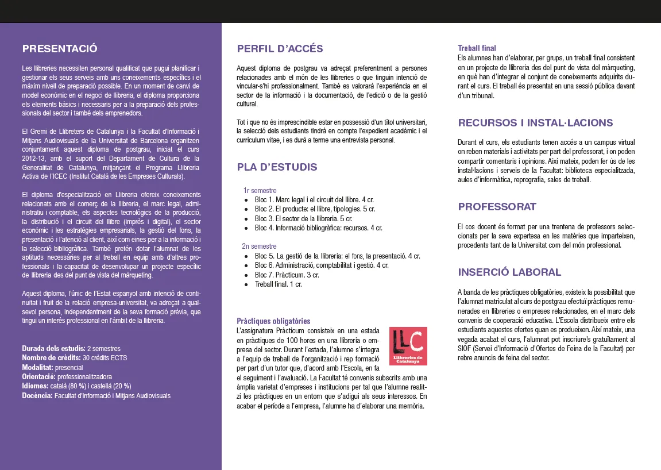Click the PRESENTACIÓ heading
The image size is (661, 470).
tap(60, 48)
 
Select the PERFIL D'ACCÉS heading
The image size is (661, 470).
tap(280, 49)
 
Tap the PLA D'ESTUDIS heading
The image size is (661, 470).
tap(277, 167)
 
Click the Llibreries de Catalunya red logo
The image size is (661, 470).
tap(408, 346)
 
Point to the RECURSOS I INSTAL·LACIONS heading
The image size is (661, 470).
tap(535, 123)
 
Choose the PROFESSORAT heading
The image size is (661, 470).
tap(497, 207)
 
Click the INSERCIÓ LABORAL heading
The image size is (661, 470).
tap(509, 272)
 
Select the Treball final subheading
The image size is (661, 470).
tap(477, 48)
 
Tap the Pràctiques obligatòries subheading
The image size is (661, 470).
tap(273, 321)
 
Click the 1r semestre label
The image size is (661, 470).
tap(260, 190)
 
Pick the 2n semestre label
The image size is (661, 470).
tap(260, 246)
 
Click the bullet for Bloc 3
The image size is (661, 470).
tap(246, 219)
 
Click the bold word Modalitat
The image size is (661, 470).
tap(38, 367)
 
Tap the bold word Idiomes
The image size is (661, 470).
tap(36, 386)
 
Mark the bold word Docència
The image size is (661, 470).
tap(37, 395)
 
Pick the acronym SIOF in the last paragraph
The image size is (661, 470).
tap(465, 348)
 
